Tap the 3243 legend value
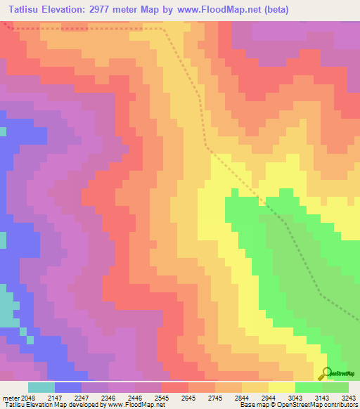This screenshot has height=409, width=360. tap(348, 398)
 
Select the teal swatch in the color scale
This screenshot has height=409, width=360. tap(41, 387)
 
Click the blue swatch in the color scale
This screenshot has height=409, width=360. tap(67, 387)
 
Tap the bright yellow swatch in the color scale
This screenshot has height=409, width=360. tap(281, 387)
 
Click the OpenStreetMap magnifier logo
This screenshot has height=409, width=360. tap(325, 373)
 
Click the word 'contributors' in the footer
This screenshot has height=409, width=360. tap(340, 405)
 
